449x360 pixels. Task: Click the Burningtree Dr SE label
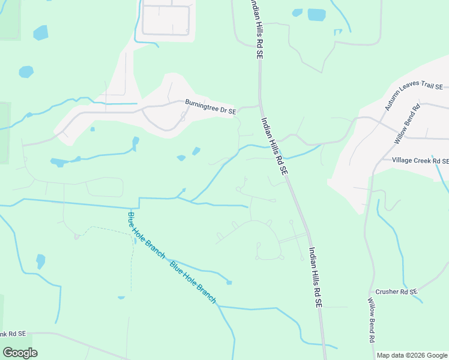[210, 107]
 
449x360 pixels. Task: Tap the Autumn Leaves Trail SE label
[414, 95]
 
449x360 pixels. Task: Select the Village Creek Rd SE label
[420, 161]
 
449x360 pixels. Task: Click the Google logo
[20, 352]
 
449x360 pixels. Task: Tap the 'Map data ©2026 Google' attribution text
[412, 355]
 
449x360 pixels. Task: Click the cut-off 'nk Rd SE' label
[13, 334]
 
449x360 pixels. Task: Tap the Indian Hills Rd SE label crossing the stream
[274, 146]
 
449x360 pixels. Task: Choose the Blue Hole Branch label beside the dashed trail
[146, 235]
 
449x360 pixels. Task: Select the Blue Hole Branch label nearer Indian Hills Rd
[193, 282]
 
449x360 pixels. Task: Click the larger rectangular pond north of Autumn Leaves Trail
[316, 15]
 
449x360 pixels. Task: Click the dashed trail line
[131, 258]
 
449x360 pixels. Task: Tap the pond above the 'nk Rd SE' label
[40, 262]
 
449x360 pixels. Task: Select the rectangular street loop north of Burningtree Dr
[166, 20]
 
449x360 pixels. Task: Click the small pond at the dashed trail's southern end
[121, 298]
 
